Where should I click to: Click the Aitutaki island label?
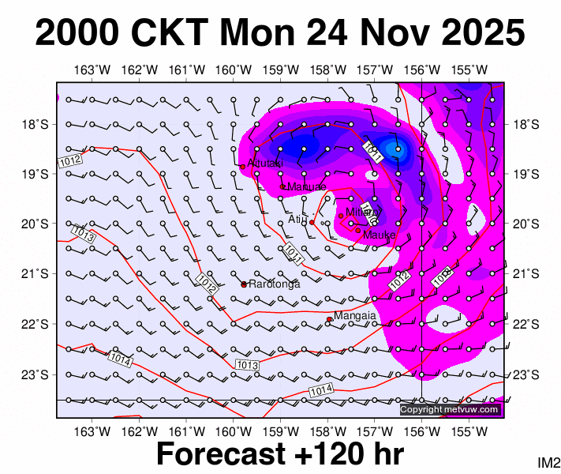264,163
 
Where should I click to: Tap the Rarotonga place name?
274,284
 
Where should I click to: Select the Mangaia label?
354,316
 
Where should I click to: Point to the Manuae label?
307,186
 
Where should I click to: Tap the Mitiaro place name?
363,212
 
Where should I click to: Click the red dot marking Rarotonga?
244,284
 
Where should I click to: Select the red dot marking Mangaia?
329,319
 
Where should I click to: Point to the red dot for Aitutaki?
243,166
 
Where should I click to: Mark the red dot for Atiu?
312,223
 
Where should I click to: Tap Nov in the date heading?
370,35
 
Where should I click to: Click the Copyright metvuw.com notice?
450,409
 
